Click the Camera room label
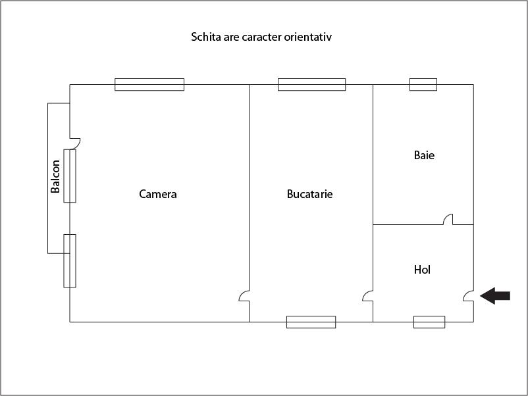click(158, 194)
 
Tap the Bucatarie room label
click(310, 194)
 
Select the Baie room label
click(424, 155)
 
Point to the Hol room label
click(422, 270)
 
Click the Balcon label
click(55, 176)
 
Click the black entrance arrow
click(495, 296)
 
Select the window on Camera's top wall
click(149, 84)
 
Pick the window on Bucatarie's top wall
click(312, 84)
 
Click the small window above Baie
click(423, 84)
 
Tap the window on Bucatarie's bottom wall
click(311, 322)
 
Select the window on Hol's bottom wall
click(429, 322)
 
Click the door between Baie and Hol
click(448, 219)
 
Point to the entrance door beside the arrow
click(468, 296)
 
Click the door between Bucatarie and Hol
click(368, 296)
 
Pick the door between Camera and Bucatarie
click(244, 296)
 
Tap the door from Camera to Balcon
click(75, 143)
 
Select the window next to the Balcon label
click(70, 176)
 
